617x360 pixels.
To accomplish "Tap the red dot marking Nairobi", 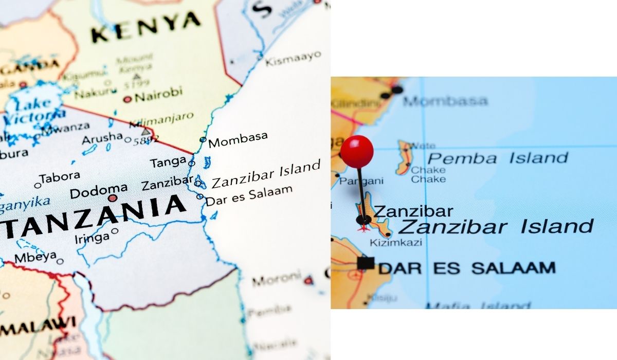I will (127, 99).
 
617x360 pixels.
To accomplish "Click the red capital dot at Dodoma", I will (113, 198).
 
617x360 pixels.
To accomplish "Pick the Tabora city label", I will (60, 177).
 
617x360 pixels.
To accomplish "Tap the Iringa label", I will (92, 237).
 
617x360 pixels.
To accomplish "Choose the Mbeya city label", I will (35, 257).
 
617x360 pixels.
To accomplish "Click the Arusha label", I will (102, 139).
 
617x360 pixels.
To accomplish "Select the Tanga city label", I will (168, 163).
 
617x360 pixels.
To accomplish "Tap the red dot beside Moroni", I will (308, 281).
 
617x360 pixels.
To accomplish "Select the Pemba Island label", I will (497, 157).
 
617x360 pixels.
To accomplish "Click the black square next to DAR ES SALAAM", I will (366, 263).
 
